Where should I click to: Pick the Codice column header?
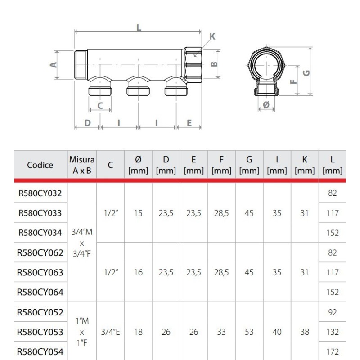(40, 165)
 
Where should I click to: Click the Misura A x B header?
(82, 165)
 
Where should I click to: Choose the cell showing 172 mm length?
(333, 352)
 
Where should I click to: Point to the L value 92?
(333, 312)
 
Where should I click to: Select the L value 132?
(333, 332)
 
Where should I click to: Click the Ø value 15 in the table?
(138, 213)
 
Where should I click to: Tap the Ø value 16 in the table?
(138, 272)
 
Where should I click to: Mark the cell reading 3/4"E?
(110, 332)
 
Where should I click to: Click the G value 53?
(249, 332)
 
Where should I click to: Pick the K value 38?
(305, 332)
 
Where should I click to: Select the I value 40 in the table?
(277, 332)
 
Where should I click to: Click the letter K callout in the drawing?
(212, 36)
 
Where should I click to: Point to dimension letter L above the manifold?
(139, 27)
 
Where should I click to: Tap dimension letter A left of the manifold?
(53, 64)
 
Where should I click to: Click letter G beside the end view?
(306, 72)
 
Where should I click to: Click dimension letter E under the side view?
(189, 122)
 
